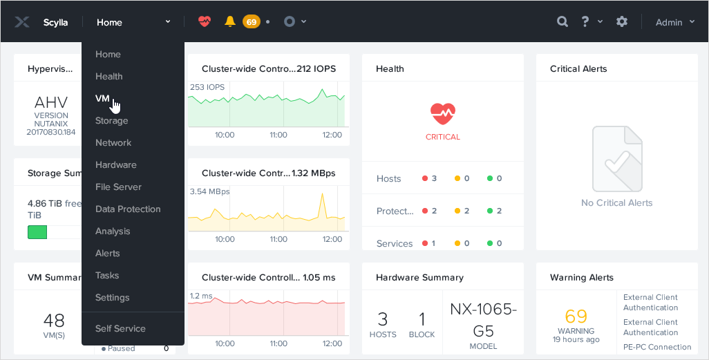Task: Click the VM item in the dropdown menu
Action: pyautogui.click(x=102, y=99)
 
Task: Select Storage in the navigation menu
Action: pyautogui.click(x=111, y=121)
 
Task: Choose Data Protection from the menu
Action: pyautogui.click(x=128, y=209)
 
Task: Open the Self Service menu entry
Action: pyautogui.click(x=120, y=329)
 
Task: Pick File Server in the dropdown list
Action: pyautogui.click(x=118, y=187)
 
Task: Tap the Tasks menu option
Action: pyautogui.click(x=107, y=276)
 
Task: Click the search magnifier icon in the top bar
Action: pyautogui.click(x=563, y=22)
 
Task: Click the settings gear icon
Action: pyautogui.click(x=622, y=22)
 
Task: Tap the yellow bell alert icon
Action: pyautogui.click(x=230, y=22)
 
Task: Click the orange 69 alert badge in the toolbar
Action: pyautogui.click(x=251, y=22)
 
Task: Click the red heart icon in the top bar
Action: pyautogui.click(x=204, y=22)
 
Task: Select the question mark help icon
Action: pyautogui.click(x=585, y=22)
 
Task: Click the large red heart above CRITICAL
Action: pyautogui.click(x=442, y=113)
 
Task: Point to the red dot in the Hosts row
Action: pyautogui.click(x=425, y=178)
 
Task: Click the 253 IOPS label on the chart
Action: pyautogui.click(x=206, y=87)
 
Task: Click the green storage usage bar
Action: pyautogui.click(x=37, y=231)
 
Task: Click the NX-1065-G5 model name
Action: pyautogui.click(x=483, y=319)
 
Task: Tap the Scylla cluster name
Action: pyautogui.click(x=55, y=23)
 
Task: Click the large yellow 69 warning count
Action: pyautogui.click(x=576, y=316)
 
